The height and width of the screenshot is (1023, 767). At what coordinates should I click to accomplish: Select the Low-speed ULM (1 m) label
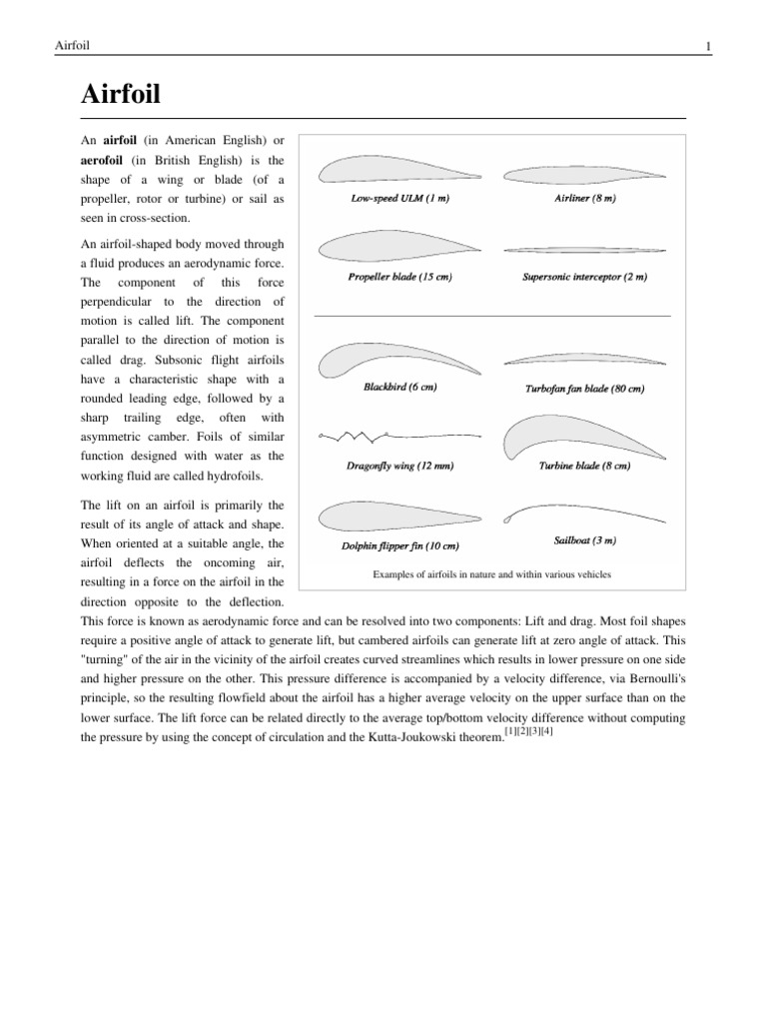click(399, 199)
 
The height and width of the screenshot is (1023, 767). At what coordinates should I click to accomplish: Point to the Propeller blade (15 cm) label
click(399, 277)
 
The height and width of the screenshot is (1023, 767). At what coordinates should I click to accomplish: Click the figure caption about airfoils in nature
click(491, 574)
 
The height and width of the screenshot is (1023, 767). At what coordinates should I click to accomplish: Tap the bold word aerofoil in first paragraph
click(107, 160)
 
